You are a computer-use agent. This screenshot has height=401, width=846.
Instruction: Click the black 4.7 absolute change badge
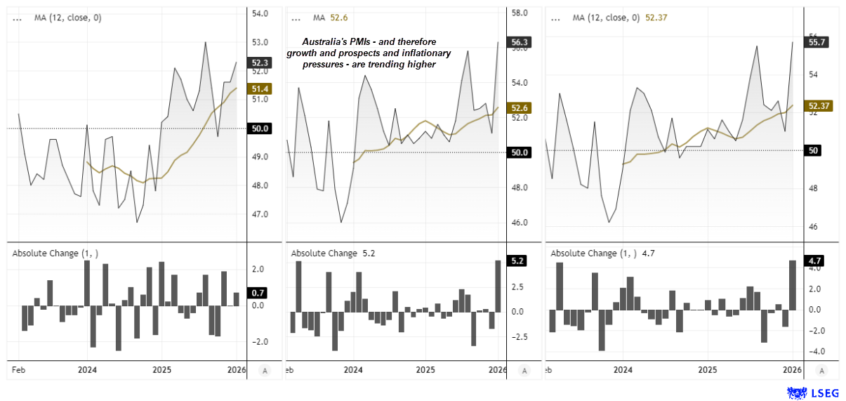click(x=815, y=261)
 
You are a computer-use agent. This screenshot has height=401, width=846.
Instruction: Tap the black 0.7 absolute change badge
click(x=258, y=292)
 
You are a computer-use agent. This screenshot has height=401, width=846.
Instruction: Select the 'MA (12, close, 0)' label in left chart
click(x=67, y=18)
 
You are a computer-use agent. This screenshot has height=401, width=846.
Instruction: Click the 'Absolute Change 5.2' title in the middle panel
click(x=333, y=253)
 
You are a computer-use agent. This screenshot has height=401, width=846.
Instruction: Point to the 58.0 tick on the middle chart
click(x=520, y=13)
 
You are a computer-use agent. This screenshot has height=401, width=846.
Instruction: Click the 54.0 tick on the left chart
click(x=260, y=13)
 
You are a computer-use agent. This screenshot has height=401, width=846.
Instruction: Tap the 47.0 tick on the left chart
click(x=260, y=214)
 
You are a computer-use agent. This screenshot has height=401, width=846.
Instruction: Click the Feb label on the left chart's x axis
click(x=19, y=369)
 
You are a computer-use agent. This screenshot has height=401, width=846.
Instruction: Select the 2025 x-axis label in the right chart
click(x=708, y=369)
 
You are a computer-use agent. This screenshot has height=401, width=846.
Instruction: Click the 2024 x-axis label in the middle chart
click(x=353, y=369)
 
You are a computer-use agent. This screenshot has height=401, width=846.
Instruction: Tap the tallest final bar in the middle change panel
click(x=498, y=286)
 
